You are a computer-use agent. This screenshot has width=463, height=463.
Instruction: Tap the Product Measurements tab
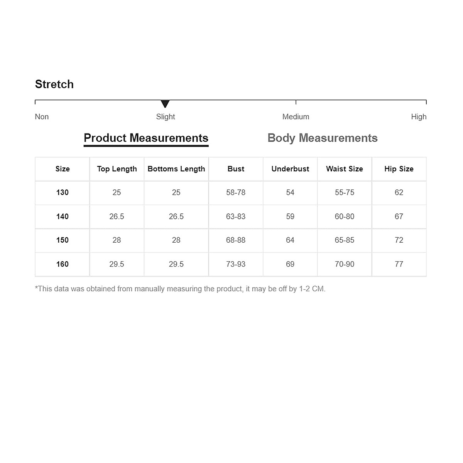tap(146, 138)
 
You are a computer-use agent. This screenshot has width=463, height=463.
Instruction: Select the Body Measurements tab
tap(322, 138)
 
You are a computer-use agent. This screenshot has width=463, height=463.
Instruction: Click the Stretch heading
tap(54, 84)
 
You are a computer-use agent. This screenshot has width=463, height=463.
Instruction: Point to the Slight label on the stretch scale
tap(166, 117)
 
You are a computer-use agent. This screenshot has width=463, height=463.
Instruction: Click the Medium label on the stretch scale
tap(296, 117)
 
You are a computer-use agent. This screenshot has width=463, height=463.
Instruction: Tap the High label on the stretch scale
tap(419, 117)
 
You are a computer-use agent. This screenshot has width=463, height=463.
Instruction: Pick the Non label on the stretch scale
tap(42, 117)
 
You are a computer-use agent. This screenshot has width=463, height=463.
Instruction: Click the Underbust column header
tap(290, 169)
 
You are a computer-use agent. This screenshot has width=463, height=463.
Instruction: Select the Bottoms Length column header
tap(176, 169)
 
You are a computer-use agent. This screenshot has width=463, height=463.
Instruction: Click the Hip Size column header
tap(399, 169)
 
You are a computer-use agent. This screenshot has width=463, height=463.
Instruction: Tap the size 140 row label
tap(63, 216)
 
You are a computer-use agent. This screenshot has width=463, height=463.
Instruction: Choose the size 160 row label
tap(63, 264)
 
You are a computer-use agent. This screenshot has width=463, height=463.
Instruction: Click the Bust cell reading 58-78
tap(236, 193)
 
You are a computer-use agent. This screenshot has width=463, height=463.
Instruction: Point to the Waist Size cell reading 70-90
tap(345, 264)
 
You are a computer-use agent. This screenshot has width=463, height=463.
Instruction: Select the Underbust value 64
tap(290, 240)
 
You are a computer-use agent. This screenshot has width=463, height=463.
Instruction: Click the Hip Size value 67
tap(399, 216)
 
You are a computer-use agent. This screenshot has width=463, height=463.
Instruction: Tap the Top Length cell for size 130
tap(117, 193)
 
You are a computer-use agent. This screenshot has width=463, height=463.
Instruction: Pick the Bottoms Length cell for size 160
tap(176, 264)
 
